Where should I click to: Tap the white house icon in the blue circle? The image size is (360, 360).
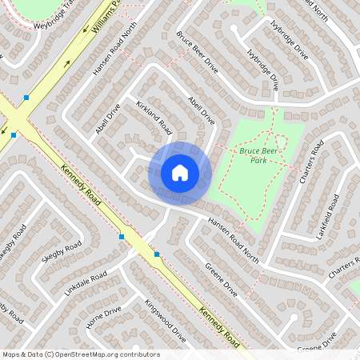point(180,172)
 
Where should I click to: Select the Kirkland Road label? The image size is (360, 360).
point(154,116)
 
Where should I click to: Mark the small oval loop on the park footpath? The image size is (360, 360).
point(281,141)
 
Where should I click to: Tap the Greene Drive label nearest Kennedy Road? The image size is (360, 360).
point(221,280)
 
